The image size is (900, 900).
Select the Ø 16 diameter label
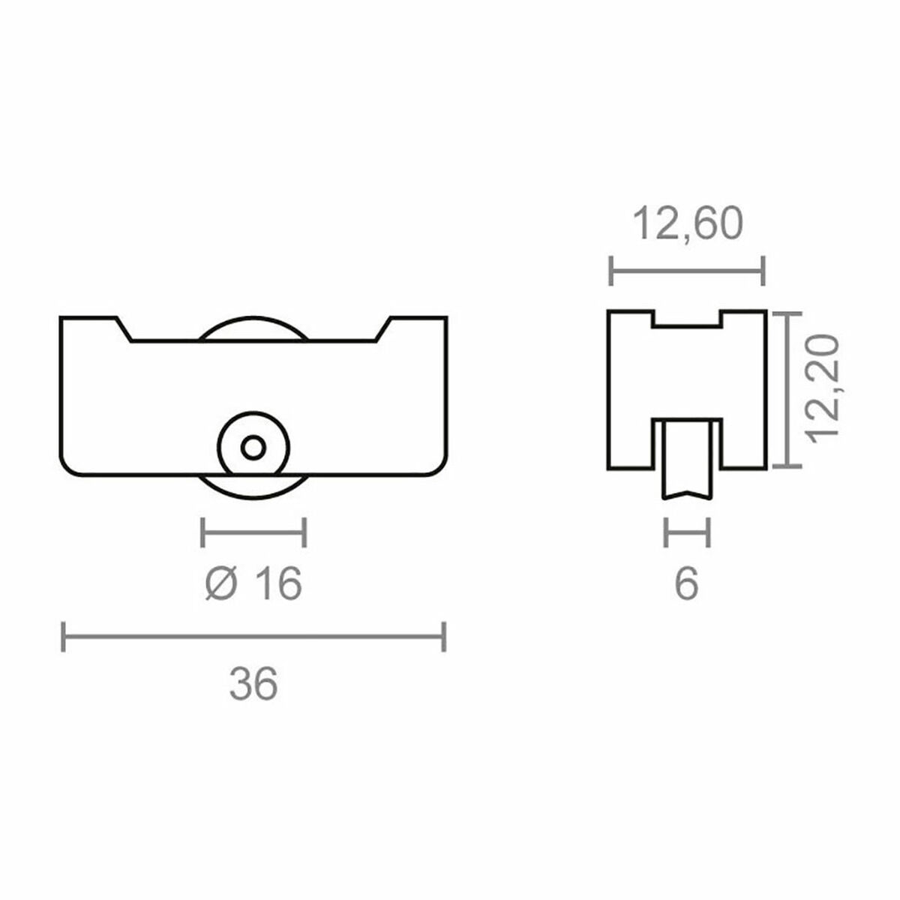click(253, 583)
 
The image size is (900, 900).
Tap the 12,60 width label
click(688, 224)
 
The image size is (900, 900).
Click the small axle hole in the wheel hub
click(253, 448)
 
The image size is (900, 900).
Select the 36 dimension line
click(254, 637)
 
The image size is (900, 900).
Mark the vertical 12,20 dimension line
click(787, 389)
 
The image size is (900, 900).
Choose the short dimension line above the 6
click(686, 533)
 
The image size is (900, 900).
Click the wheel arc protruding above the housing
click(253, 328)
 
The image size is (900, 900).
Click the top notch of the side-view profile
click(687, 319)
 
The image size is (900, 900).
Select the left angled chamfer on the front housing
click(124, 329)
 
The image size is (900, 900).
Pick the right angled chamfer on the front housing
click(382, 329)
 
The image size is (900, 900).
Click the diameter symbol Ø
click(220, 583)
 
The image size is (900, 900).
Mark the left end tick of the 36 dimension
click(63, 637)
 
